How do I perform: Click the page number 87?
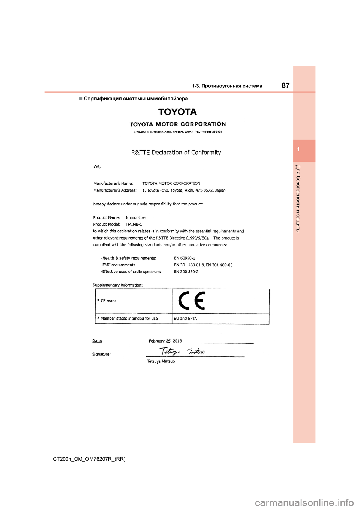(x=285, y=85)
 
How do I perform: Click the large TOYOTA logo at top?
(x=177, y=112)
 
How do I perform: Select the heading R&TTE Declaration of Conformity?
(x=176, y=153)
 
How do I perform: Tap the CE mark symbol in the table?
(x=192, y=301)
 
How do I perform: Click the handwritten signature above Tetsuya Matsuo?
(x=182, y=352)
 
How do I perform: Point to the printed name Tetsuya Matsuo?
(x=160, y=361)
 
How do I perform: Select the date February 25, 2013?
(x=165, y=341)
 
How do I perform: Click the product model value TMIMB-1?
(x=133, y=224)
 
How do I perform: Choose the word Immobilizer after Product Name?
(x=136, y=217)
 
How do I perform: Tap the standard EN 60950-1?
(x=184, y=258)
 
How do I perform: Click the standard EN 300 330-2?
(x=186, y=272)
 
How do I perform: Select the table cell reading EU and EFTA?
(x=185, y=319)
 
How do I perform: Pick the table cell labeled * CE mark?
(x=106, y=301)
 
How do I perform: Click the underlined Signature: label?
(x=101, y=354)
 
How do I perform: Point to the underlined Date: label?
(x=97, y=341)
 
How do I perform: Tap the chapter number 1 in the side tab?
(x=298, y=150)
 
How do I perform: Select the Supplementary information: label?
(x=117, y=285)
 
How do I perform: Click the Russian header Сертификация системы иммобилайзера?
(x=136, y=99)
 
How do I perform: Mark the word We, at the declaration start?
(x=97, y=166)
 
